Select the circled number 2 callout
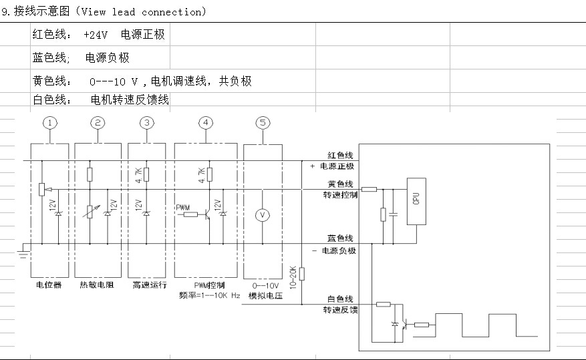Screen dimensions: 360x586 98,123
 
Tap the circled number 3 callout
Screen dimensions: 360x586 146,123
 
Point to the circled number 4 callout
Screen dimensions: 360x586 207,123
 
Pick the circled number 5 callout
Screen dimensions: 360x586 263,123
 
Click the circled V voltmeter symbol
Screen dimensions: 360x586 263,215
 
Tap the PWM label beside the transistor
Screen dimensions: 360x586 182,207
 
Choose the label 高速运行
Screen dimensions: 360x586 146,285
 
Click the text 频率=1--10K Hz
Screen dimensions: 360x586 207,295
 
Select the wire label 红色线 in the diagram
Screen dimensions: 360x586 340,155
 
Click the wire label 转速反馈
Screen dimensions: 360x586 340,310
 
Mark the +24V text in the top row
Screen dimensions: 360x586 96,34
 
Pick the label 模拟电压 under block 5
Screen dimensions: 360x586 264,295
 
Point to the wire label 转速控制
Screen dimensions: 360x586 340,195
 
